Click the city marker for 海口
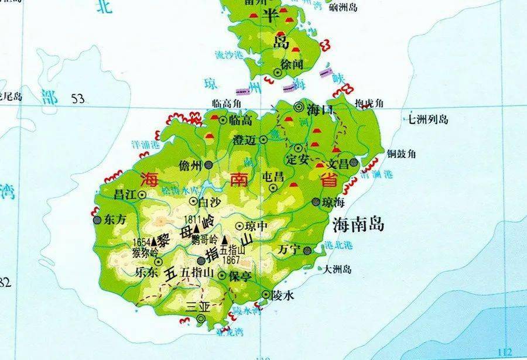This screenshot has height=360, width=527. [x=300, y=107]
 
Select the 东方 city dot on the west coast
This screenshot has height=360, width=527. [x=97, y=221]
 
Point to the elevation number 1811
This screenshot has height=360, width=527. [x=193, y=219]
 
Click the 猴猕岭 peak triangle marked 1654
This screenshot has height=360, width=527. [x=154, y=241]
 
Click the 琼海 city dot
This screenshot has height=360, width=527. [x=316, y=202]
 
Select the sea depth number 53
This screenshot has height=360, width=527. [x=78, y=98]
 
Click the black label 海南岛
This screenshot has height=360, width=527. [x=358, y=224]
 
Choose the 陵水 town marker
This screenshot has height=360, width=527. [x=266, y=295]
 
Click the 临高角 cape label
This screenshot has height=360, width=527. [x=227, y=104]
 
